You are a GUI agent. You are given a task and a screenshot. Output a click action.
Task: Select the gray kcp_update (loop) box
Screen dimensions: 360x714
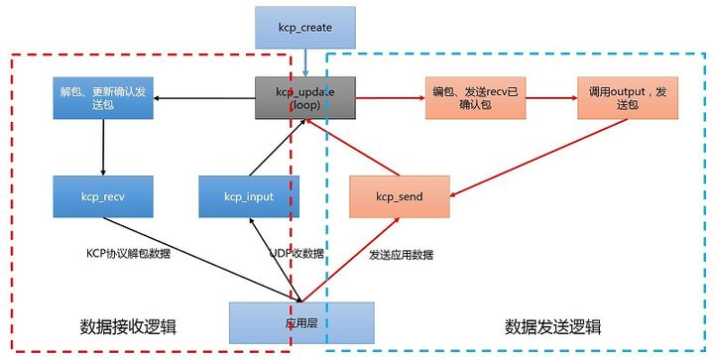click(x=304, y=97)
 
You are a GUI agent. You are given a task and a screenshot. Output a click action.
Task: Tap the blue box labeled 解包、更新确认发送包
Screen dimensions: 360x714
click(x=102, y=97)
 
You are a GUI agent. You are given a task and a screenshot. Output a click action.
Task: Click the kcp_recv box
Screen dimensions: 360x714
click(x=102, y=196)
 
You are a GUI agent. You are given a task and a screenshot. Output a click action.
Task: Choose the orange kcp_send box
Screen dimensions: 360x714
click(x=399, y=196)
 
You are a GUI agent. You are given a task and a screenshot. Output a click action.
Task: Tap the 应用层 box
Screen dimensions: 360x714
click(x=302, y=321)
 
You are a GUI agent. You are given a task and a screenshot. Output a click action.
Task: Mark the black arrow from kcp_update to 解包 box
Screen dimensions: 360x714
click(x=205, y=97)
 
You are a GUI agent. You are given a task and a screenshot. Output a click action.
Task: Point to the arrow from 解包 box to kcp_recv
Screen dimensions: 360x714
click(x=102, y=148)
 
